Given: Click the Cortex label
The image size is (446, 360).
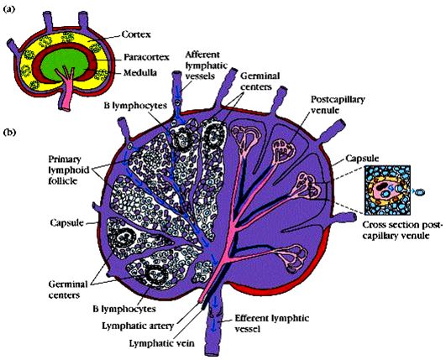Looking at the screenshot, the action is (x=136, y=34).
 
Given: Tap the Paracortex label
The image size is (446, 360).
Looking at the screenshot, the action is (x=146, y=57).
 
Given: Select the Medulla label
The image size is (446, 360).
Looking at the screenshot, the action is (x=140, y=73).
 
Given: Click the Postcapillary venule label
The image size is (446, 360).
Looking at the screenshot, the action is (x=338, y=104).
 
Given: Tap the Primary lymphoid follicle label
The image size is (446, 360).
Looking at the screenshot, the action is (x=69, y=170).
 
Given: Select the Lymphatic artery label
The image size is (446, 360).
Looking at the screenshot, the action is (x=138, y=326).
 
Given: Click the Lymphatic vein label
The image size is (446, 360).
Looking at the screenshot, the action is (x=162, y=343).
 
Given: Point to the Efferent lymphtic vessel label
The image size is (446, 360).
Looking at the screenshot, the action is (x=271, y=323).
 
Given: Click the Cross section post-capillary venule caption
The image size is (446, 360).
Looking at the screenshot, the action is (x=403, y=230).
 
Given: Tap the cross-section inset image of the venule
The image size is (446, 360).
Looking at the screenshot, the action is (x=387, y=190).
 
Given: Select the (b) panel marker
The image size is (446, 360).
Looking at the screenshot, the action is (x=9, y=133).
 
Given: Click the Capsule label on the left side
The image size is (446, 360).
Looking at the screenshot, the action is (x=66, y=223).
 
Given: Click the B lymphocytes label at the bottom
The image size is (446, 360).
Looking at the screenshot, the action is (x=124, y=309).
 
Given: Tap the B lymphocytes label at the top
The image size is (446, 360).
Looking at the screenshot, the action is (x=135, y=106).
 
